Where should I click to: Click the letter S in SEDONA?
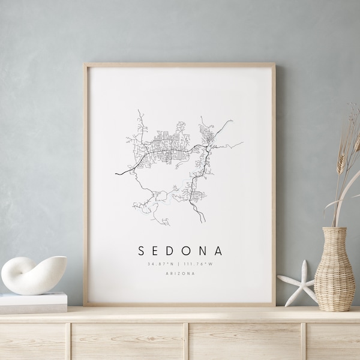pyautogui.click(x=142, y=250)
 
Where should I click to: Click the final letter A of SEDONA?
pyautogui.click(x=218, y=250)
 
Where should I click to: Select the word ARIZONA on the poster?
pyautogui.click(x=180, y=274)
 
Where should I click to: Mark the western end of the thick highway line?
pyautogui.click(x=116, y=174)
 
